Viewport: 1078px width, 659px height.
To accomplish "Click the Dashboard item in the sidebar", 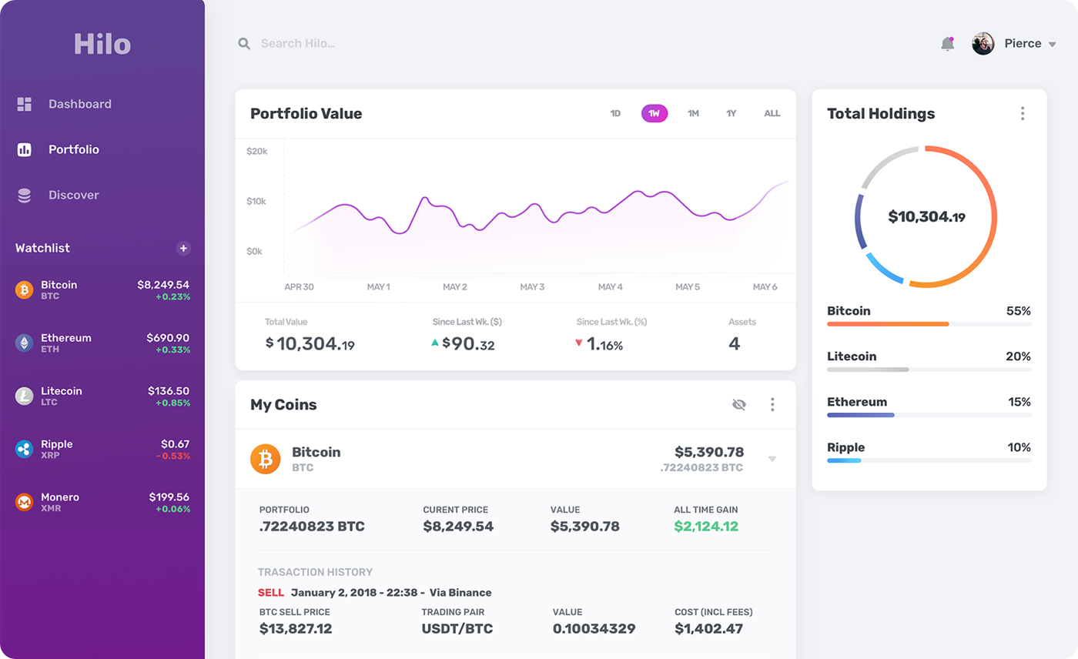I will coord(79,104).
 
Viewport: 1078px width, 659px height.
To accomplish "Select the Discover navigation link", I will coord(73,195).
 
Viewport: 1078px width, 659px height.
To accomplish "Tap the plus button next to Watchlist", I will coord(183,248).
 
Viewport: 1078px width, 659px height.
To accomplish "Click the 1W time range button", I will coord(654,113).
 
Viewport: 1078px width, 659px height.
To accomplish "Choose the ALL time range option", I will coord(772,113).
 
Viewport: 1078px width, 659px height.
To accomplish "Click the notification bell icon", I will coord(947,44).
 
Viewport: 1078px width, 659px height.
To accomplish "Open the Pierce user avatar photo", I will coord(983,44).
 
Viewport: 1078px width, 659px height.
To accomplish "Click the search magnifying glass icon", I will coord(244,44).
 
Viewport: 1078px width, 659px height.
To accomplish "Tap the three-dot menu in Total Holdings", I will coord(1022,114).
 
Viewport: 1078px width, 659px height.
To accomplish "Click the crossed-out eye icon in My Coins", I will coord(739,404).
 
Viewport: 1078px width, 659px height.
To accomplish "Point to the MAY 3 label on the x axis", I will coord(532,287).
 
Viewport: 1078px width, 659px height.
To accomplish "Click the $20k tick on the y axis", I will coord(256,152).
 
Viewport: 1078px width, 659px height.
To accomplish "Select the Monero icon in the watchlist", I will coord(25,503).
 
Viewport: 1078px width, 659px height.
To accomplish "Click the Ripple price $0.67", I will coord(175,444).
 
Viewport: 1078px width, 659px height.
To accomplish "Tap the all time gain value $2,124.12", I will coord(705,527).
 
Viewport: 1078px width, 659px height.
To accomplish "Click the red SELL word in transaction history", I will coord(270,593).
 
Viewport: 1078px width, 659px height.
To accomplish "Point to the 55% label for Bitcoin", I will coord(1018,311).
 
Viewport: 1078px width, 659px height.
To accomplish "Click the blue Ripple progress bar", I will coord(844,460).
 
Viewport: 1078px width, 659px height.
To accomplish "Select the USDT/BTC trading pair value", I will coord(457,629).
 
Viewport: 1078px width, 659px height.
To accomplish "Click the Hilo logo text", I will coord(102,44).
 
